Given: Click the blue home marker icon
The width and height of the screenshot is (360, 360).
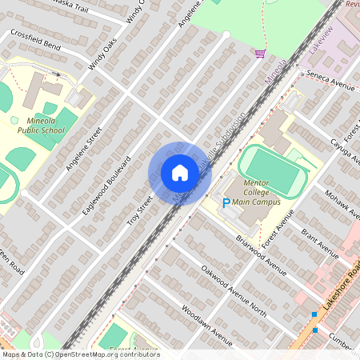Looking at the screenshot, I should (x=179, y=173).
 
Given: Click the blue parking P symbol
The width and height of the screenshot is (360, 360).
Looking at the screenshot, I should (x=226, y=204).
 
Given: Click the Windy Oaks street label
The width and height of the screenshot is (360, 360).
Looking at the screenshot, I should (x=103, y=55).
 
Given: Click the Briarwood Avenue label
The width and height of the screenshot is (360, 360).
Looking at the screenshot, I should (x=261, y=255).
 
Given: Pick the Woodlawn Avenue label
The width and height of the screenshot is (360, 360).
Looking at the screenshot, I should (x=206, y=325).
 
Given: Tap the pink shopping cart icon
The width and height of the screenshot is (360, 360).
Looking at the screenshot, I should (x=260, y=54).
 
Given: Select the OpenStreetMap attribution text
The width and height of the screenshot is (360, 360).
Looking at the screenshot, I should (x=80, y=354).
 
